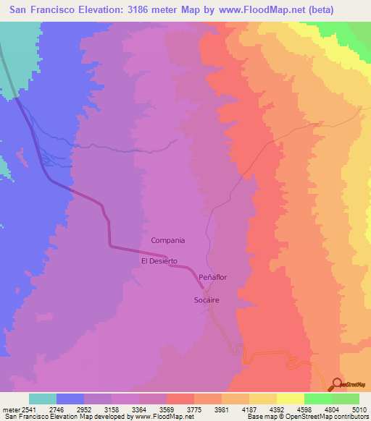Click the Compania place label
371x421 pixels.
[x=168, y=240]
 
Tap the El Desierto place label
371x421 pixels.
[x=159, y=260]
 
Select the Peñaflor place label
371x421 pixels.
[x=213, y=277]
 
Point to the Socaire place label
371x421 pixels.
[x=207, y=299]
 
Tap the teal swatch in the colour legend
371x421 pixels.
[x=43, y=399]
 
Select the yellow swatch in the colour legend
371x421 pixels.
[x=290, y=399]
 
